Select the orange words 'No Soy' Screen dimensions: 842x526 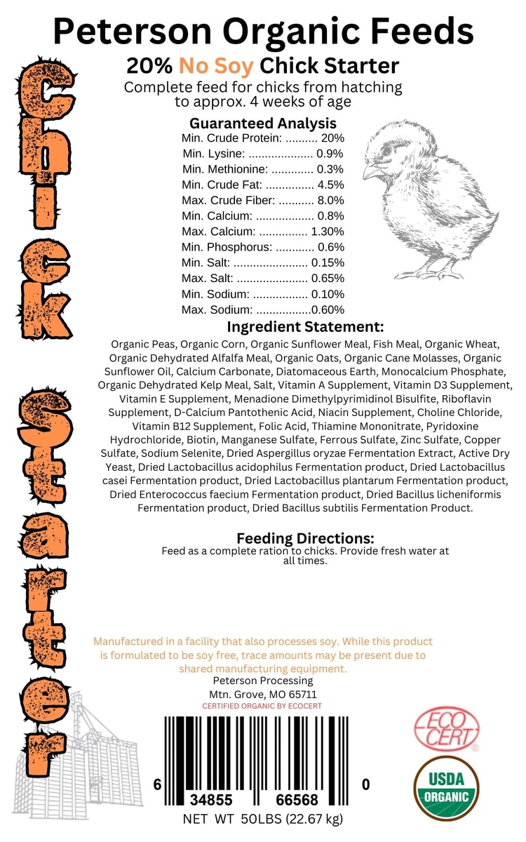coord(217,67)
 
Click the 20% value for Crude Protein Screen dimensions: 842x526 coord(332,138)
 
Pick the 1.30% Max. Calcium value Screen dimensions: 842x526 coord(328,232)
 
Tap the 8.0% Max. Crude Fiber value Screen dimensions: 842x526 coord(330,201)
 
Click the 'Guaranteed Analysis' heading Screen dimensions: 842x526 coord(262,123)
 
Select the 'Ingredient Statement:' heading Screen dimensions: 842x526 coord(305,327)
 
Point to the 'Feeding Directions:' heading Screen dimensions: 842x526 coord(305,538)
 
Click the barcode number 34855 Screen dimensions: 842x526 coord(213,800)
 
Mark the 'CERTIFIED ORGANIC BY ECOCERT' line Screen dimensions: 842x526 coord(262,706)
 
